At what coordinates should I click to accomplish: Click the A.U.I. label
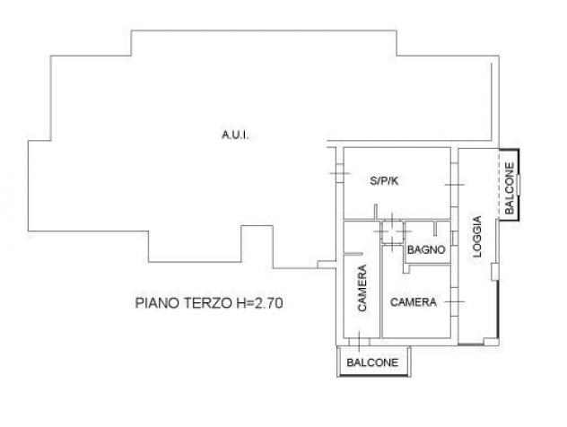click(x=235, y=135)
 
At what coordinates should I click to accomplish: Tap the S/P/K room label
click(x=384, y=181)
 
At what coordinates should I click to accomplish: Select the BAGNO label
click(x=426, y=249)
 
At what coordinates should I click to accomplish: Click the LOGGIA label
click(x=477, y=237)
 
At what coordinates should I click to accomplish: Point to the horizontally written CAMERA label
click(x=414, y=302)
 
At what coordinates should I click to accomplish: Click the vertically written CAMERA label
click(x=362, y=288)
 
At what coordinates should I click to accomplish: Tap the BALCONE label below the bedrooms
click(x=372, y=362)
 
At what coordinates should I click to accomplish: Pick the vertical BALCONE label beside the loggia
click(x=510, y=188)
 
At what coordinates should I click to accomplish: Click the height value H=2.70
click(x=259, y=303)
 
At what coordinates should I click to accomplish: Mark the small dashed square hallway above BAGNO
click(x=392, y=231)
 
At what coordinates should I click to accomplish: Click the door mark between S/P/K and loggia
click(x=455, y=185)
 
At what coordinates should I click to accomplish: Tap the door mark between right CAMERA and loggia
click(x=455, y=301)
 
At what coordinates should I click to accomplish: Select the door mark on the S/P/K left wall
click(x=339, y=173)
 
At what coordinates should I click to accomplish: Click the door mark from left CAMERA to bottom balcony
click(x=359, y=341)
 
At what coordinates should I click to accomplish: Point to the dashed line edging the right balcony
click(x=500, y=184)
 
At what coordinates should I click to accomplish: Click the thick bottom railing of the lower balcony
click(x=374, y=376)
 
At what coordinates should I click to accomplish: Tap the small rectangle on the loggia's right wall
click(x=494, y=272)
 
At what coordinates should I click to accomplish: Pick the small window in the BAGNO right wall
click(x=455, y=239)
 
